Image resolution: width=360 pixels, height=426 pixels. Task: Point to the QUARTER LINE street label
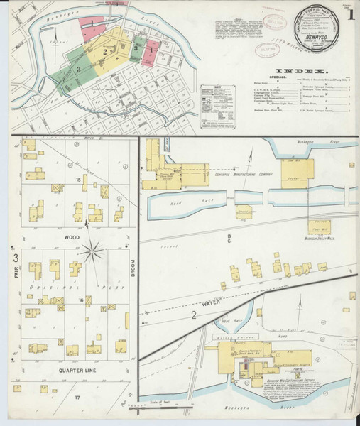[71, 370]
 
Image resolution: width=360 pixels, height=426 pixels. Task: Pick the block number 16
[81, 300]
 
